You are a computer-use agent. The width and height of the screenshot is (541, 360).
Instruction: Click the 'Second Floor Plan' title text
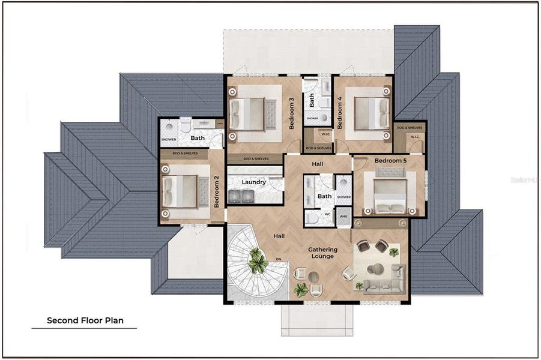[85, 320]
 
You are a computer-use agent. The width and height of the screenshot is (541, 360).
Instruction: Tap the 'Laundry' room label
[253, 182]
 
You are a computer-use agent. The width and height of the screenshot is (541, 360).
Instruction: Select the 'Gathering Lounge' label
[323, 253]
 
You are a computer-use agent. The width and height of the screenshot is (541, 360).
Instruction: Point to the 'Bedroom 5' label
[390, 161]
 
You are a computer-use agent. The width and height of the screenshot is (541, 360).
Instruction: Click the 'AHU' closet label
[343, 217]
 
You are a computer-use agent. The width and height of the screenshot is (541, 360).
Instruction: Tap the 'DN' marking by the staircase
[277, 260]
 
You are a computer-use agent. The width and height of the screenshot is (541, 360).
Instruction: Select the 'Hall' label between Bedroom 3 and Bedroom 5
[318, 163]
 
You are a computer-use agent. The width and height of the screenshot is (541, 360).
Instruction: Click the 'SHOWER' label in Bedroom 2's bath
[169, 140]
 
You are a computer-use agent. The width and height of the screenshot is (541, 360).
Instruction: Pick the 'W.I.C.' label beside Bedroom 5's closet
[415, 136]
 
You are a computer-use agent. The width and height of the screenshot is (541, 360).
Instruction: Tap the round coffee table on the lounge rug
[377, 268]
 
